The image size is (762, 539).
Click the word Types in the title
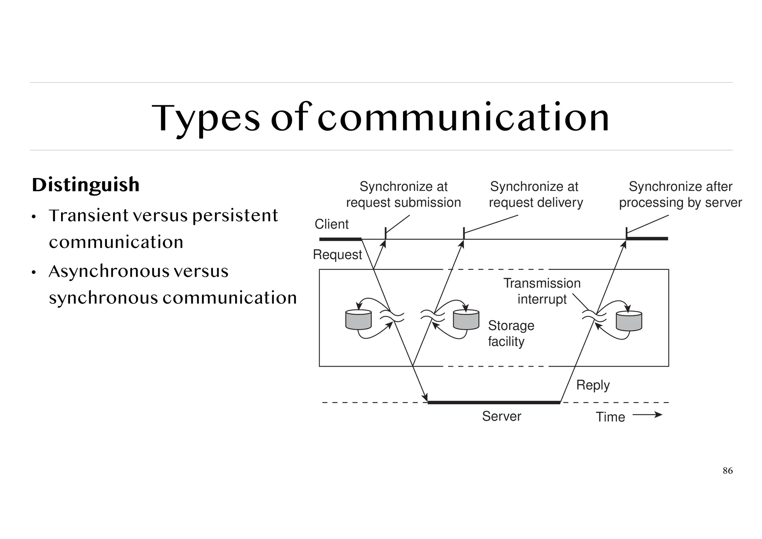[x=206, y=118]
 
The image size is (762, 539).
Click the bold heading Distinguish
[x=86, y=185]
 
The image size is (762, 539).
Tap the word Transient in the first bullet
[x=88, y=216]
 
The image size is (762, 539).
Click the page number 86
[x=727, y=471]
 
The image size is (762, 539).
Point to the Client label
[x=332, y=224]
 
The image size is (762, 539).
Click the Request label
[x=337, y=255]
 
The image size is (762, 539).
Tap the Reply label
[x=593, y=385]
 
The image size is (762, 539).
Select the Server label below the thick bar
[x=501, y=416]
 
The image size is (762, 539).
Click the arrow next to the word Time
[x=647, y=415]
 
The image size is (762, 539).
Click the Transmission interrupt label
[x=542, y=291]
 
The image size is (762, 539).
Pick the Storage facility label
[x=511, y=334]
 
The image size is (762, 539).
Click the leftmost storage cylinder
[x=358, y=320]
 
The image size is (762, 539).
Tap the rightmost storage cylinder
[x=629, y=321]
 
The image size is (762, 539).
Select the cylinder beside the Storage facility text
[x=466, y=320]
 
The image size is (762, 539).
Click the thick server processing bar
[x=494, y=402]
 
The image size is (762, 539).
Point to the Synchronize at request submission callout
[x=403, y=194]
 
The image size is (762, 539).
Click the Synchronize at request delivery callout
[x=535, y=194]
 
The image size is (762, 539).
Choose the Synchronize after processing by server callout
[x=680, y=194]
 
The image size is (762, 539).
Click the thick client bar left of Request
[x=340, y=239]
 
